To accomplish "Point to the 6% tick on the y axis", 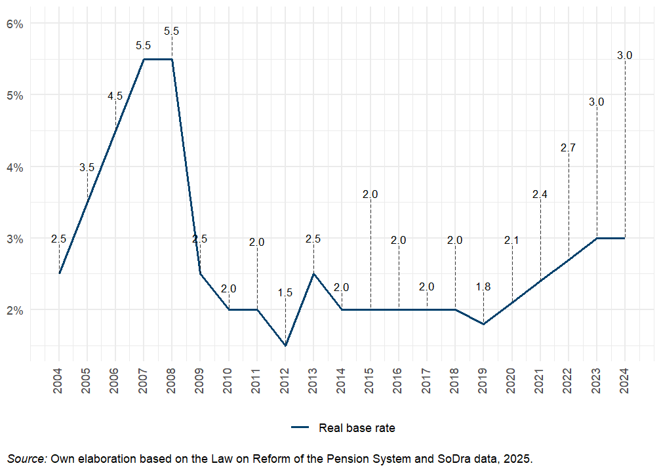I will point(15,24).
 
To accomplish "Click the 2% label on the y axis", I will point(15,310).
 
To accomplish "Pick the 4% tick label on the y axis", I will point(15,167).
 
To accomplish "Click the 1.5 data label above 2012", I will point(285,293).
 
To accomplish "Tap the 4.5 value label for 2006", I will point(115,96).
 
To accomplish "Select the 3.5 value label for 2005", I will point(87,168).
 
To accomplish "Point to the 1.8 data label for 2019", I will point(483,286).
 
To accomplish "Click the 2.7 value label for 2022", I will point(568,147).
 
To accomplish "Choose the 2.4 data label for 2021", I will point(540,194).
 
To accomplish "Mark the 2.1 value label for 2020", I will point(511,241).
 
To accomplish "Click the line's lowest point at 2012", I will point(285,345).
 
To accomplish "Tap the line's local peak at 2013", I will point(313,273).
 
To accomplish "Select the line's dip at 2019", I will point(483,324).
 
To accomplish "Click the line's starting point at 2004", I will point(59,273).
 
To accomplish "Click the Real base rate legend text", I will point(357,428).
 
